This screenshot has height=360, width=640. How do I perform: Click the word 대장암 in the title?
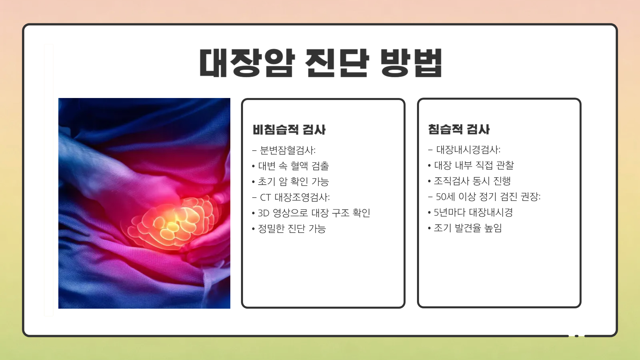pos(247,63)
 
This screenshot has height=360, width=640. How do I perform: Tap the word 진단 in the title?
pos(337,63)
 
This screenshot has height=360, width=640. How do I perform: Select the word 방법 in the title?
pos(411,63)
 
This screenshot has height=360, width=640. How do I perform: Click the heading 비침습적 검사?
pos(289,130)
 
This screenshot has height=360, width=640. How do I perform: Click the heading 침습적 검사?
pos(459,129)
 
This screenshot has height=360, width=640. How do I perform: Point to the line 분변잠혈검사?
pos(287,150)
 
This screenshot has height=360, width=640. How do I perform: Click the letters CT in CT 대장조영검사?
pos(265,197)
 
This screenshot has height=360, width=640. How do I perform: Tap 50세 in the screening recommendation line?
pos(445,197)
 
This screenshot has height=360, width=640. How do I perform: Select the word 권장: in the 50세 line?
pos(530,197)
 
